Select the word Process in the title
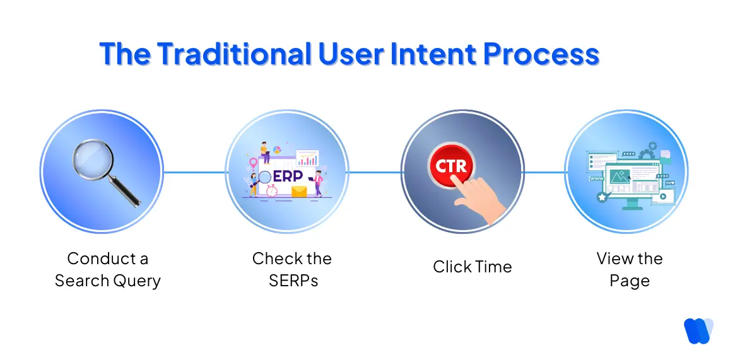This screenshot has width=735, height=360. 541,54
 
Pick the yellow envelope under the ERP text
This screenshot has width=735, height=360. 298,190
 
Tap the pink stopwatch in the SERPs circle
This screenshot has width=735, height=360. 272,190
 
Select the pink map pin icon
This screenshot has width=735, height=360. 254,163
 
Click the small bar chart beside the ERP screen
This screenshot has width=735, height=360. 307,158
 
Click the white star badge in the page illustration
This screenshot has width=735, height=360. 601,197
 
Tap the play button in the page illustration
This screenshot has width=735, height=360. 662,196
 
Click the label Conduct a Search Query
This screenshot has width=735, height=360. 107,270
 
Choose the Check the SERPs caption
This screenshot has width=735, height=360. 291,270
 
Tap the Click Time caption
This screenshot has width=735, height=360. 472,267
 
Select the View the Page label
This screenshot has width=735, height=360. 629,270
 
